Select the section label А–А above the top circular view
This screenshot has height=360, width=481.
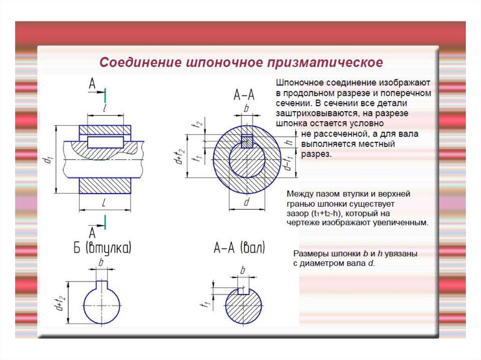(x=244, y=95)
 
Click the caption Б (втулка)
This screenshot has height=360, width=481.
(x=102, y=248)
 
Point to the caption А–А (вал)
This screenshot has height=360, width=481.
(x=239, y=247)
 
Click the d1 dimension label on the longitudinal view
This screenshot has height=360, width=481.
(x=49, y=160)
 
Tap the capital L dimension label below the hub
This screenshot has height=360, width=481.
(x=104, y=203)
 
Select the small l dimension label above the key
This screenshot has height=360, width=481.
(x=105, y=108)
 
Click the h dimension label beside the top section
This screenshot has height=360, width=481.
(x=288, y=142)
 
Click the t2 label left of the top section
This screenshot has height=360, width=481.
(x=199, y=124)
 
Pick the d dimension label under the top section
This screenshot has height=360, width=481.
(x=247, y=202)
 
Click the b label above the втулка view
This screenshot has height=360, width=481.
(x=101, y=262)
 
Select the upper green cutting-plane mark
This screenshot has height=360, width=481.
(x=105, y=95)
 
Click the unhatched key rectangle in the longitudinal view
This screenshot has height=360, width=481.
(x=105, y=142)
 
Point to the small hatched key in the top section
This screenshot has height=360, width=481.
(x=247, y=141)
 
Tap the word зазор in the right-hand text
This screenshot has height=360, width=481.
(x=297, y=214)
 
